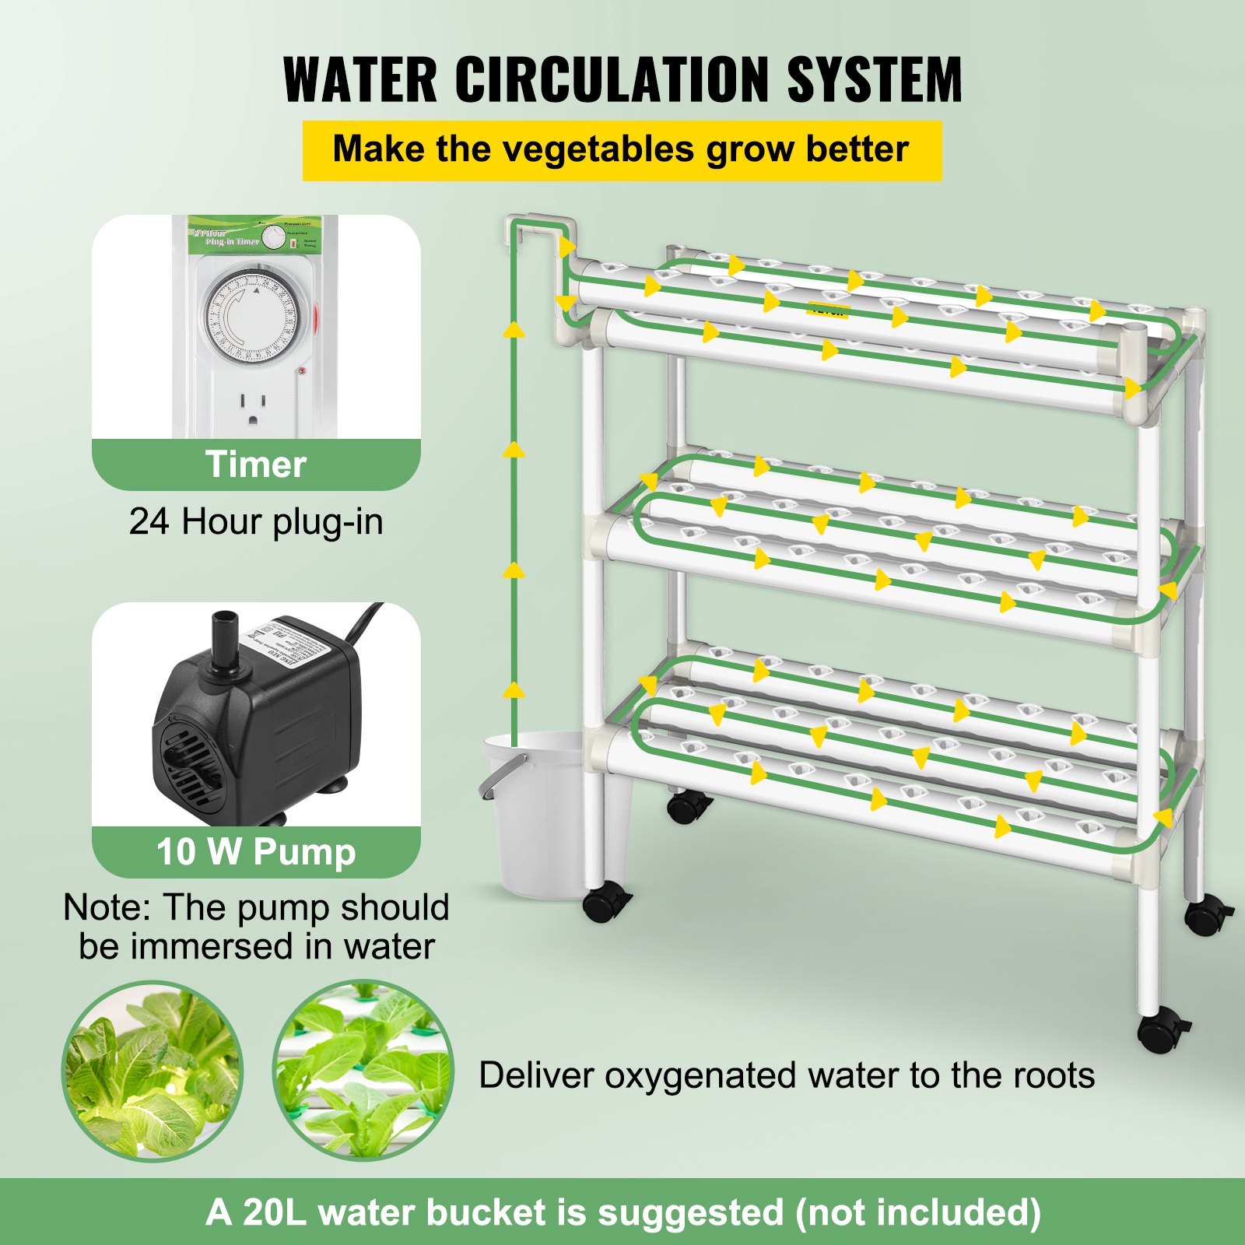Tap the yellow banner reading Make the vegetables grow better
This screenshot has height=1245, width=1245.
point(621,150)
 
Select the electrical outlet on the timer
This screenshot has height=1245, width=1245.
point(253,408)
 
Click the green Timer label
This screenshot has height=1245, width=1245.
point(256,465)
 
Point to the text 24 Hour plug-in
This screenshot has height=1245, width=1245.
point(256,521)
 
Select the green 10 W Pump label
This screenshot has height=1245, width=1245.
point(256,851)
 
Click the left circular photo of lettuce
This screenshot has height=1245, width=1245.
point(153,1071)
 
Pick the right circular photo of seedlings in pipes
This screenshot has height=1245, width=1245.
point(363,1071)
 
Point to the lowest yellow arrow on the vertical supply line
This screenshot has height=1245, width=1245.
point(514,689)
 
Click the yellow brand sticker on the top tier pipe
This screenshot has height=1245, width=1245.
point(828,310)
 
